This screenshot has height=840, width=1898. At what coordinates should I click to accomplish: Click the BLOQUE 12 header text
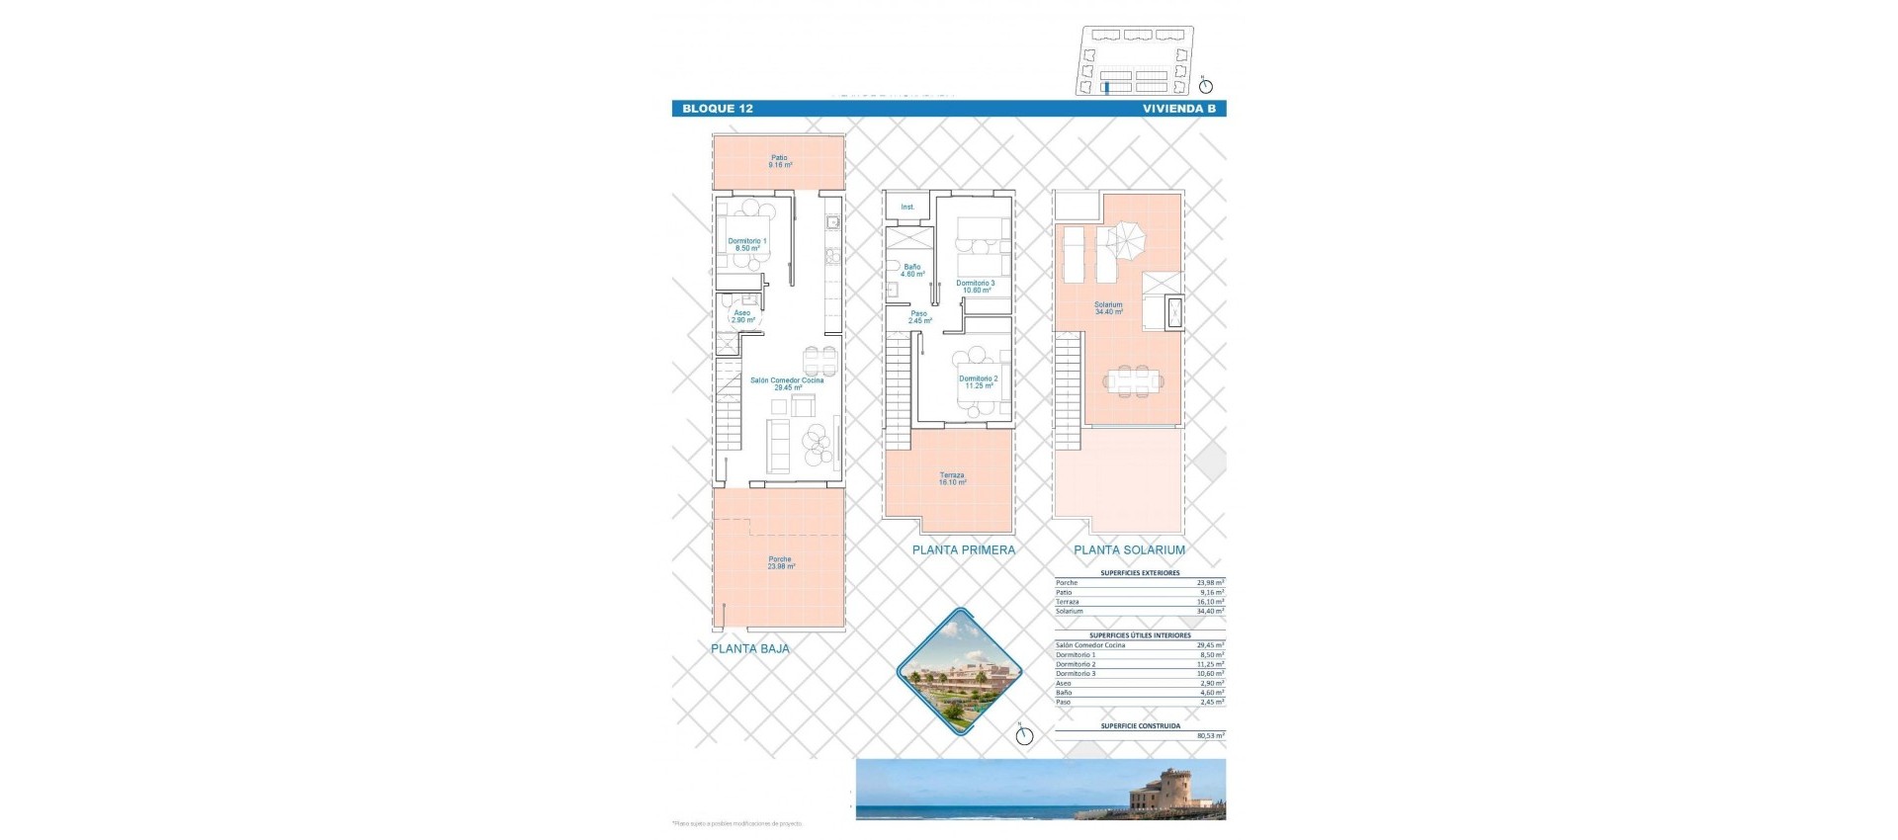[717, 109]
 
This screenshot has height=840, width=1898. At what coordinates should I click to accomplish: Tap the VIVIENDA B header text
[1178, 109]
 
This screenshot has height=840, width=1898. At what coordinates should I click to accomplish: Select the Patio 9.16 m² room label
[780, 161]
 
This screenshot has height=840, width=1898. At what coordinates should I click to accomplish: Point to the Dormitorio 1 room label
[746, 244]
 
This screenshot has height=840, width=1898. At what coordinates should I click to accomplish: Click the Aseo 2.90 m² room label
[742, 316]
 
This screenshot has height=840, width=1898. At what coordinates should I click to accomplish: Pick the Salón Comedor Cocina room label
[786, 383]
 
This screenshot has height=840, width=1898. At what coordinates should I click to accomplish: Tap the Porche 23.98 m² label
[780, 562]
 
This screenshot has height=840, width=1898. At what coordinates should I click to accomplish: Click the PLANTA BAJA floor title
[750, 649]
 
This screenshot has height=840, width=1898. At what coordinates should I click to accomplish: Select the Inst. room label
[907, 208]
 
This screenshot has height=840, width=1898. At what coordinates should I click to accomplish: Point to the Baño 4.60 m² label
[911, 270]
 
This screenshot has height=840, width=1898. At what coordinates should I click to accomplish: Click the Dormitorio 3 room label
[975, 287]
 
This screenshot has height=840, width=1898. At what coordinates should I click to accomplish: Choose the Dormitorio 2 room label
[978, 381]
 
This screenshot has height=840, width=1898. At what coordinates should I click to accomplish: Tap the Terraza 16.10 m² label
[952, 478]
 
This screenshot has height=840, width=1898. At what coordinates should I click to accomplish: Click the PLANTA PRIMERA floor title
[963, 550]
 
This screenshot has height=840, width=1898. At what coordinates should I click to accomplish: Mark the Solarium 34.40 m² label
[1108, 308]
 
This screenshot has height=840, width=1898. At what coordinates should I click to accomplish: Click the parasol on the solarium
[1126, 238]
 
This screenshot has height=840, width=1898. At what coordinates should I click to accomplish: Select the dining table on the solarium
[1133, 379]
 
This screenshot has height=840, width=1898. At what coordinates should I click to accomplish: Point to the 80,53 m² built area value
[1210, 736]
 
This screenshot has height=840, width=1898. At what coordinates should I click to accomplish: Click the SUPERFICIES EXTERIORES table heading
[1140, 573]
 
